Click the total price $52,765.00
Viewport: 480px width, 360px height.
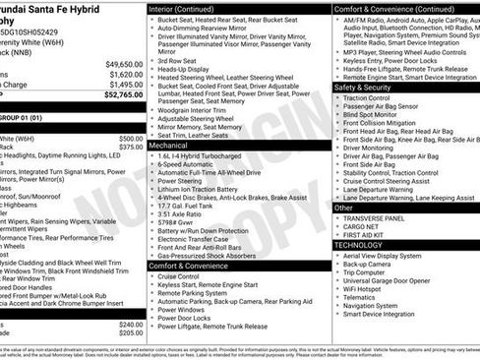pos(122,96)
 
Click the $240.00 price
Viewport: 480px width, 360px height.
pos(131,324)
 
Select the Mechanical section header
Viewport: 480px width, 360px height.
pos(169,144)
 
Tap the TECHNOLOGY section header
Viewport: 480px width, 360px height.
pos(359,244)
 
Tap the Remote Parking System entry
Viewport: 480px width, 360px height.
pos(197,293)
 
